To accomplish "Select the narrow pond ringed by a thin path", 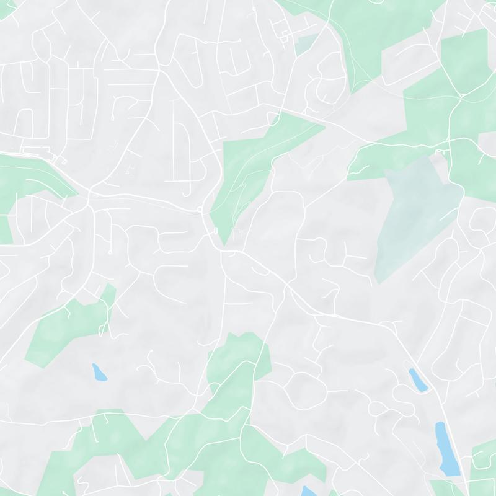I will [x=417, y=379].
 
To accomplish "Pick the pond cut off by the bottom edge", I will [x=306, y=491].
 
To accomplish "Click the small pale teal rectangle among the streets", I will [x=304, y=45].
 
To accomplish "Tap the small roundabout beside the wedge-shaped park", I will [x=200, y=211].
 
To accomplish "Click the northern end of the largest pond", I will [x=440, y=425].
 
